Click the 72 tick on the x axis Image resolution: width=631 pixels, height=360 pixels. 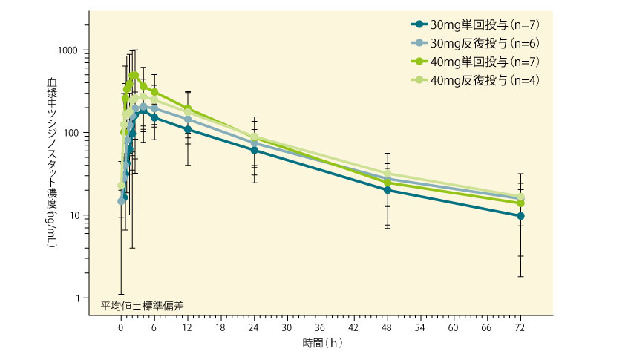520,326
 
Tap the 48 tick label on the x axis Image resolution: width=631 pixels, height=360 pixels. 388,326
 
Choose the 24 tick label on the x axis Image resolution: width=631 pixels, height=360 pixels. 254,326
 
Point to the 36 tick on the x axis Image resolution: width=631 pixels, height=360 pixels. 321,326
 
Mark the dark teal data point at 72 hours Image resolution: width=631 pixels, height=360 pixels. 520,216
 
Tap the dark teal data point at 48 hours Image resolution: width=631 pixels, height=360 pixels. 388,190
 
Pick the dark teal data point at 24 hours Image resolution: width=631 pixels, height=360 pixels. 254,150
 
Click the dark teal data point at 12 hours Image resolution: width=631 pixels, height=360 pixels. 188,129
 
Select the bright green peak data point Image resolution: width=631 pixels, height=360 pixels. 134,75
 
